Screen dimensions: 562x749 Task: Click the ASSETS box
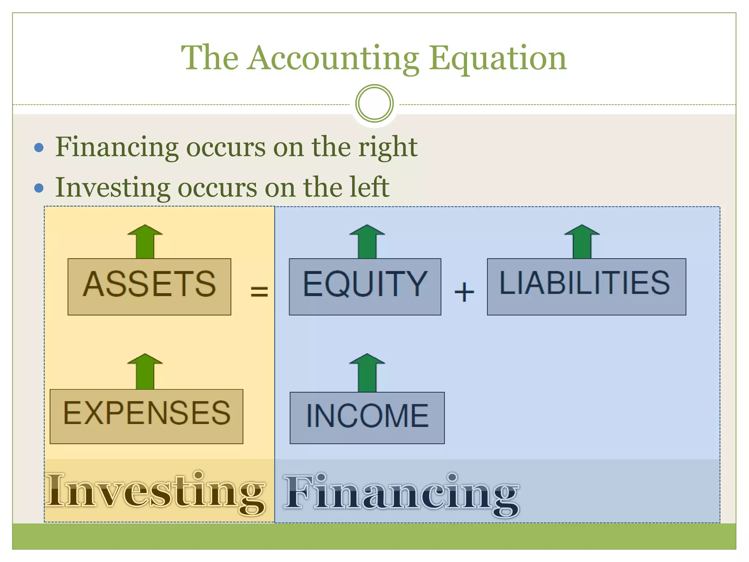pos(149,286)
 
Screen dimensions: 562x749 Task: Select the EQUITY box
pos(365,286)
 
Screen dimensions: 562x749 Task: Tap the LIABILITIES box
pos(586,286)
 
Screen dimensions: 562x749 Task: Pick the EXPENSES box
pos(146,416)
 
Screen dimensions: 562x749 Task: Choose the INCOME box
pos(367,417)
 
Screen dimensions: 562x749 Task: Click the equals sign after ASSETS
pos(259,292)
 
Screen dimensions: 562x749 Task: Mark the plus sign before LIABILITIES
pos(464,292)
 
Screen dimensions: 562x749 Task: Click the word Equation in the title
pos(498,59)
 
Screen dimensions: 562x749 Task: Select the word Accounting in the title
pos(333,59)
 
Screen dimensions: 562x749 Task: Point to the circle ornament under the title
pos(374,104)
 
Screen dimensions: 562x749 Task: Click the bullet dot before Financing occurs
pos(39,148)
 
